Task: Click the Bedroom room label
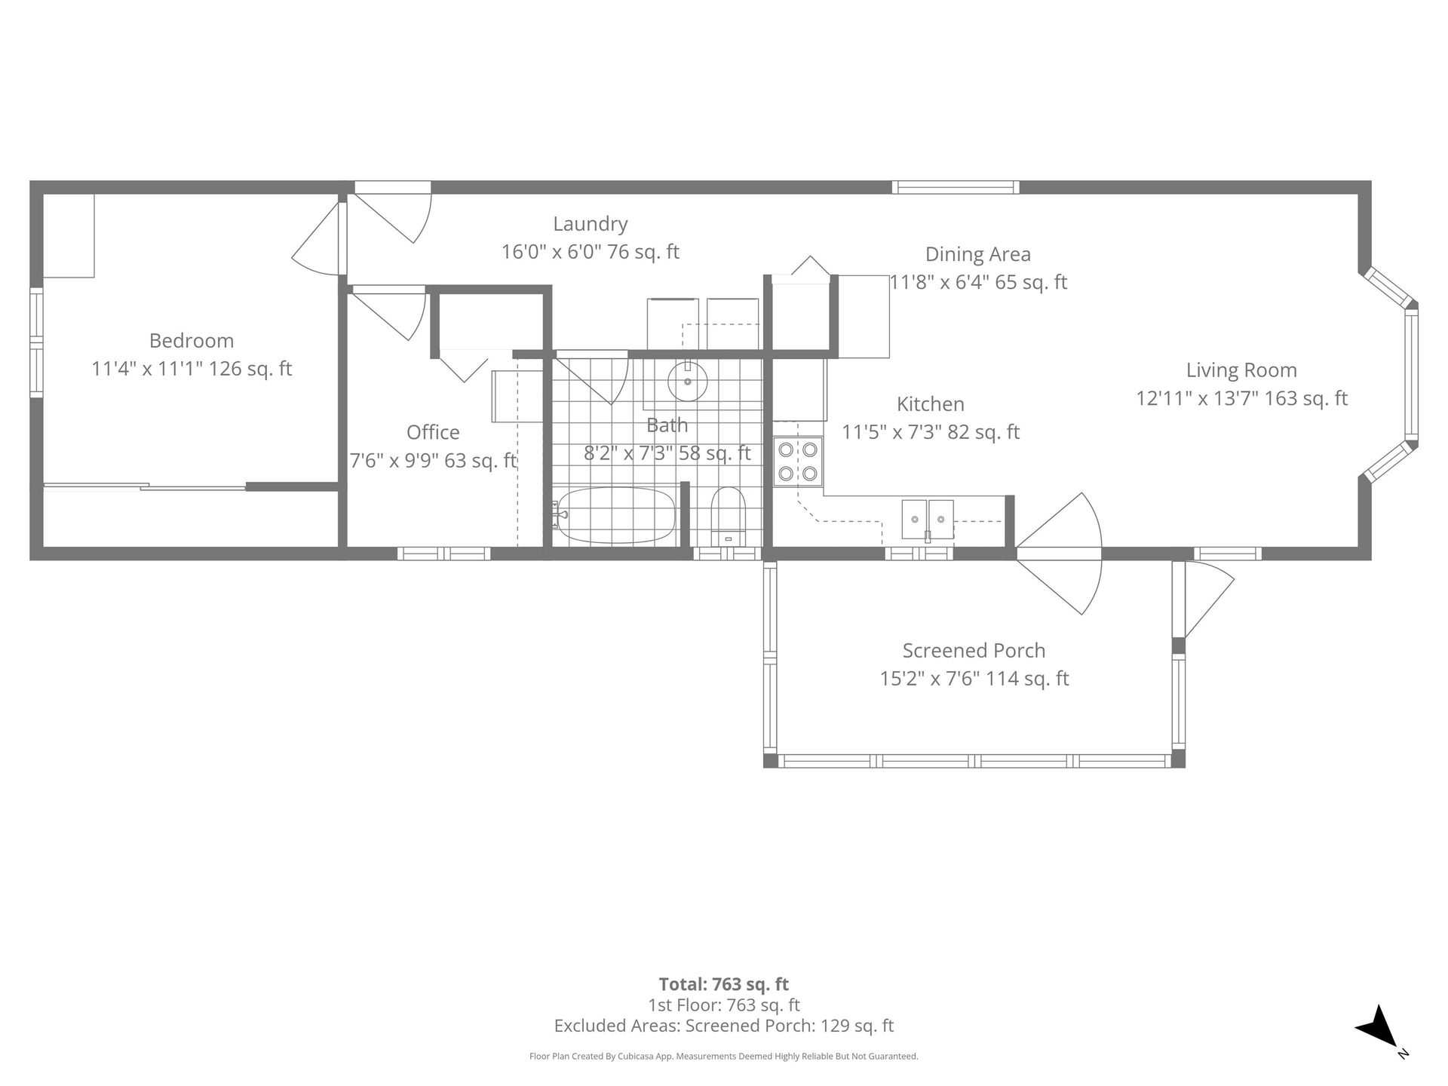(192, 341)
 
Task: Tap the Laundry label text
(591, 225)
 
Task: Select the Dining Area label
(978, 255)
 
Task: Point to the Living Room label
(1241, 370)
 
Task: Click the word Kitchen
(931, 404)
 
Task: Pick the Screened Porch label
(974, 650)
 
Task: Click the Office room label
(433, 432)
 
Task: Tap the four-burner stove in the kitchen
(798, 462)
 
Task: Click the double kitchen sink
(928, 520)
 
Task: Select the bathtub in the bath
(613, 516)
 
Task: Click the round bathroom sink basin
(687, 381)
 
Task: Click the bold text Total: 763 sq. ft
(724, 984)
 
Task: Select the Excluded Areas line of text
(724, 1026)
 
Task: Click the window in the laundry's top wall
(956, 188)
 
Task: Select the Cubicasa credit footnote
(724, 1057)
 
